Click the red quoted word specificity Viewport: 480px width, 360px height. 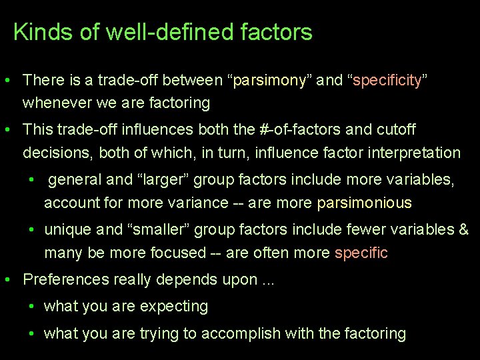pos(387,81)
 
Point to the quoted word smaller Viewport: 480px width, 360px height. pos(161,230)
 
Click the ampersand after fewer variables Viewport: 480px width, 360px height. pos(464,230)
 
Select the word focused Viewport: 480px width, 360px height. pos(179,253)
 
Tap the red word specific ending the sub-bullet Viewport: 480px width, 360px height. pos(361,253)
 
